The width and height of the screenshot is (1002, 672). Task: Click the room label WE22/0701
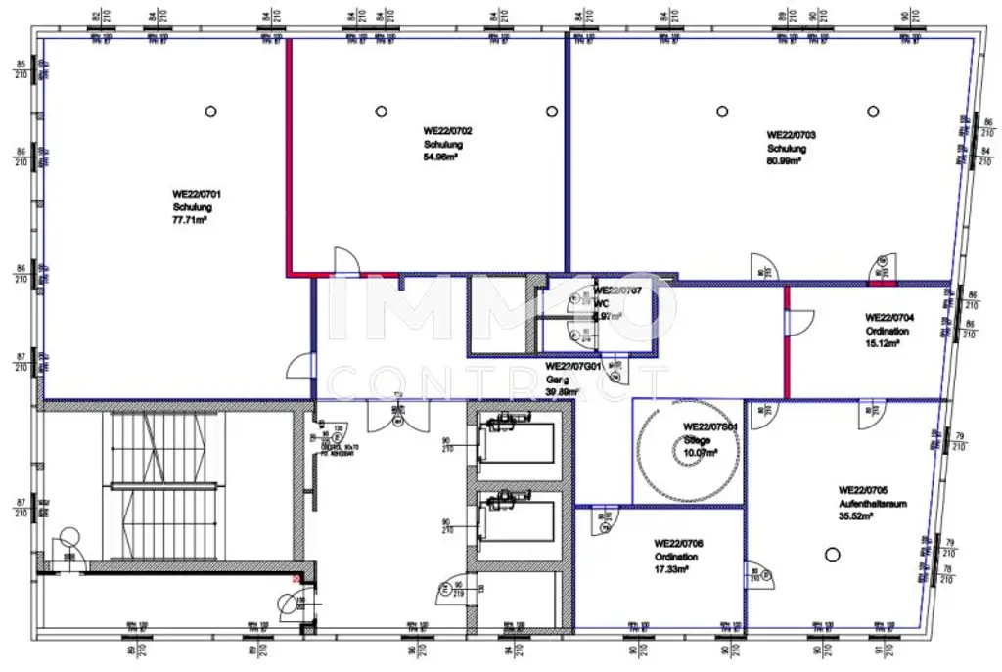point(192,194)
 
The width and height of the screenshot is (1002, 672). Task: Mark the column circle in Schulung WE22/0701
point(210,112)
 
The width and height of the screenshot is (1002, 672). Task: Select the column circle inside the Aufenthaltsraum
point(832,555)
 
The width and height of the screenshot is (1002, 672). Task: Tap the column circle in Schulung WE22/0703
point(722,112)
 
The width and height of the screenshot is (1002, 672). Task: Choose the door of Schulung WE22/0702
point(347,261)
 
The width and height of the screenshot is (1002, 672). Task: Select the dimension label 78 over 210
point(947,574)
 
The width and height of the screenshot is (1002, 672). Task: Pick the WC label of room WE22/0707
point(600,303)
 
